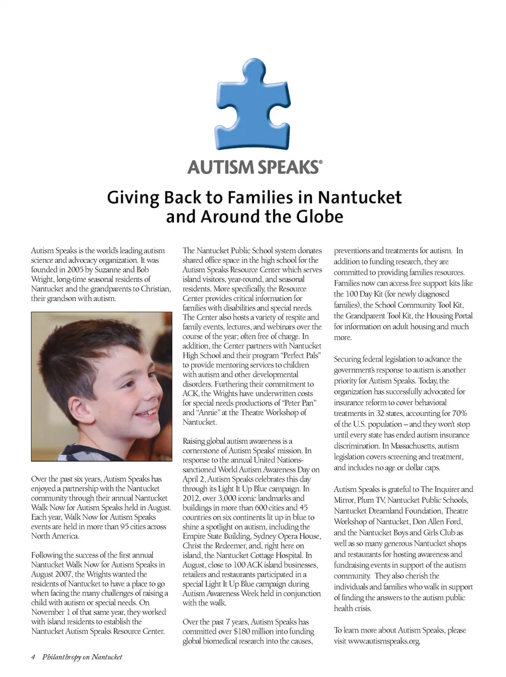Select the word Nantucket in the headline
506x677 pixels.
coord(360,197)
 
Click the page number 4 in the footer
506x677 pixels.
coord(33,657)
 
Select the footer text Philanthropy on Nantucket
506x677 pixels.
coord(82,657)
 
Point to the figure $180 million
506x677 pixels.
coord(234,632)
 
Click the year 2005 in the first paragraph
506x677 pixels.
coord(76,270)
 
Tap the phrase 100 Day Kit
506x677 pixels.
coord(364,294)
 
